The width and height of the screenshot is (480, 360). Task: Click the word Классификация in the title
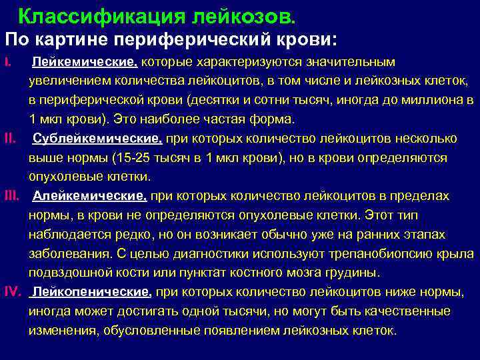tap(83, 15)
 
